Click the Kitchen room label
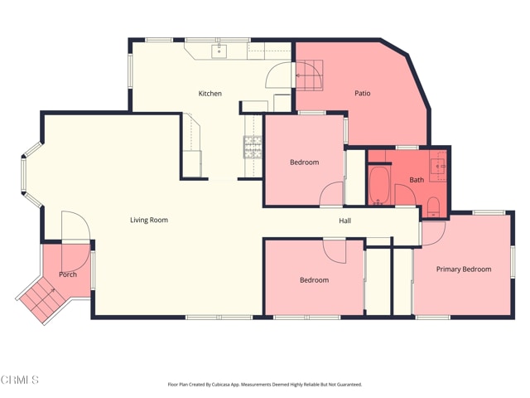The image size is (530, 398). click(210, 94)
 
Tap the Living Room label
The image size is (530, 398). click(149, 220)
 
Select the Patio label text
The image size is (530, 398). click(363, 93)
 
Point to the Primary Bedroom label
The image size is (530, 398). click(464, 269)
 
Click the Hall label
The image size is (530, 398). click(344, 221)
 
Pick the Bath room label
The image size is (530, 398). click(417, 180)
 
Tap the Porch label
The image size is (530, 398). click(68, 274)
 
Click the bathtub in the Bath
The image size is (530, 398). click(379, 186)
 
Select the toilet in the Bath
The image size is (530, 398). click(433, 206)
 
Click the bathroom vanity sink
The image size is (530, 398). click(438, 166)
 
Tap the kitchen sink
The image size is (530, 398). click(219, 51)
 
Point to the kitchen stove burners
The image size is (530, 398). click(253, 147)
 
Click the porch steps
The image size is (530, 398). click(42, 298)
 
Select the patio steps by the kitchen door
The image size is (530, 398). click(309, 75)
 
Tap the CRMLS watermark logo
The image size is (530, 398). click(20, 380)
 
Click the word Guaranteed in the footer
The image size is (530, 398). click(350, 385)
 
